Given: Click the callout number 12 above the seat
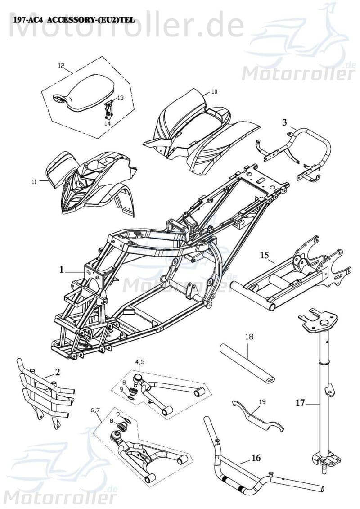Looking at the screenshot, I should click(61, 65).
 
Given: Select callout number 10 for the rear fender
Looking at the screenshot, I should click(214, 91).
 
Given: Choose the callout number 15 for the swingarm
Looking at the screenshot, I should click(264, 256).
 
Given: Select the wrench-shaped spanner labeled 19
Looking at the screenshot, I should click(256, 416).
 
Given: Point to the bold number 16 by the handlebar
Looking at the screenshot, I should click(255, 458).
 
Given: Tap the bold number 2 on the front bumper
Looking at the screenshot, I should click(58, 371).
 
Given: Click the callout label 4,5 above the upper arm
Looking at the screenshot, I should click(140, 361).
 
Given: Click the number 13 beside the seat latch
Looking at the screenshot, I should click(120, 98).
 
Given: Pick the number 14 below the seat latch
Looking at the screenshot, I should click(108, 123).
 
